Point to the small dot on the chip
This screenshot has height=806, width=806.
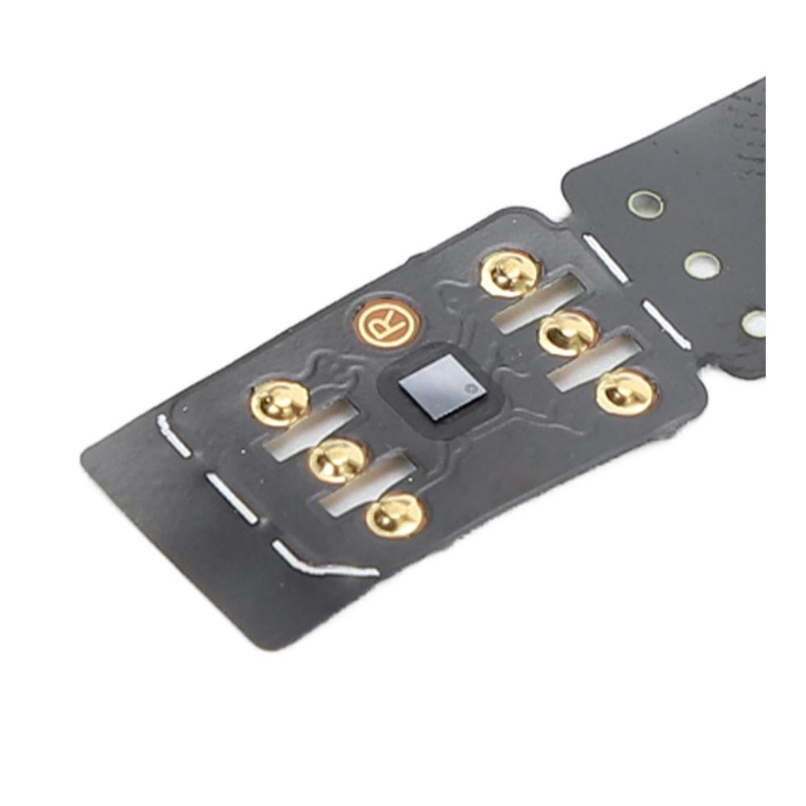[x=467, y=388]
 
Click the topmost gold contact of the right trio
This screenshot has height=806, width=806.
[x=511, y=272]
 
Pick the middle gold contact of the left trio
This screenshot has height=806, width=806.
[x=339, y=460]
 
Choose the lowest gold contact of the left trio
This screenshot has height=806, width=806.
[x=397, y=515]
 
